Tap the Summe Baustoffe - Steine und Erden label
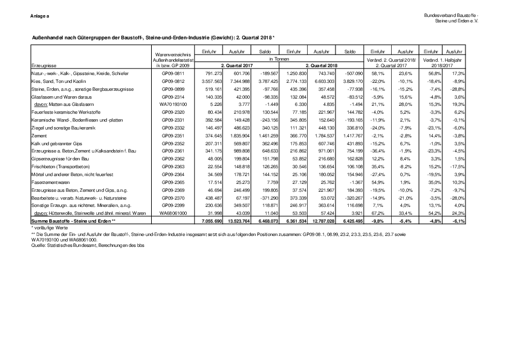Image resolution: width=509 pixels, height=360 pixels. (x=65, y=223)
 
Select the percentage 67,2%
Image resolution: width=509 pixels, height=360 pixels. (x=377, y=214)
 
